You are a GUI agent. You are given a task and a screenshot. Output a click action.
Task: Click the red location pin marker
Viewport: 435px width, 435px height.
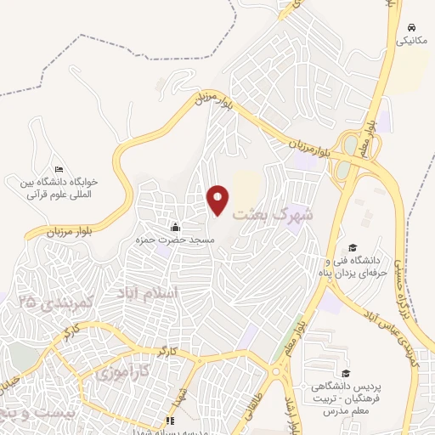point(217,199)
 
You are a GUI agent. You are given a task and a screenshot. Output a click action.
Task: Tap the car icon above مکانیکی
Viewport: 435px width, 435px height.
point(411,27)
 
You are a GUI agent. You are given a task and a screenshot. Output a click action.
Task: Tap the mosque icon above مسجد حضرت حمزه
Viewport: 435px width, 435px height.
point(176,227)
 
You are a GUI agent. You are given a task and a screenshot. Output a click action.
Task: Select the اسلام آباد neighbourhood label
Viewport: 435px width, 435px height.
point(150,293)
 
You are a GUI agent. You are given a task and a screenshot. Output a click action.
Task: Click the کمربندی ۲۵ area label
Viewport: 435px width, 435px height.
point(47,302)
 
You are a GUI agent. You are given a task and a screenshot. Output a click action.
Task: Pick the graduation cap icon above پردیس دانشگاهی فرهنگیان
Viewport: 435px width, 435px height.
point(345,373)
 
